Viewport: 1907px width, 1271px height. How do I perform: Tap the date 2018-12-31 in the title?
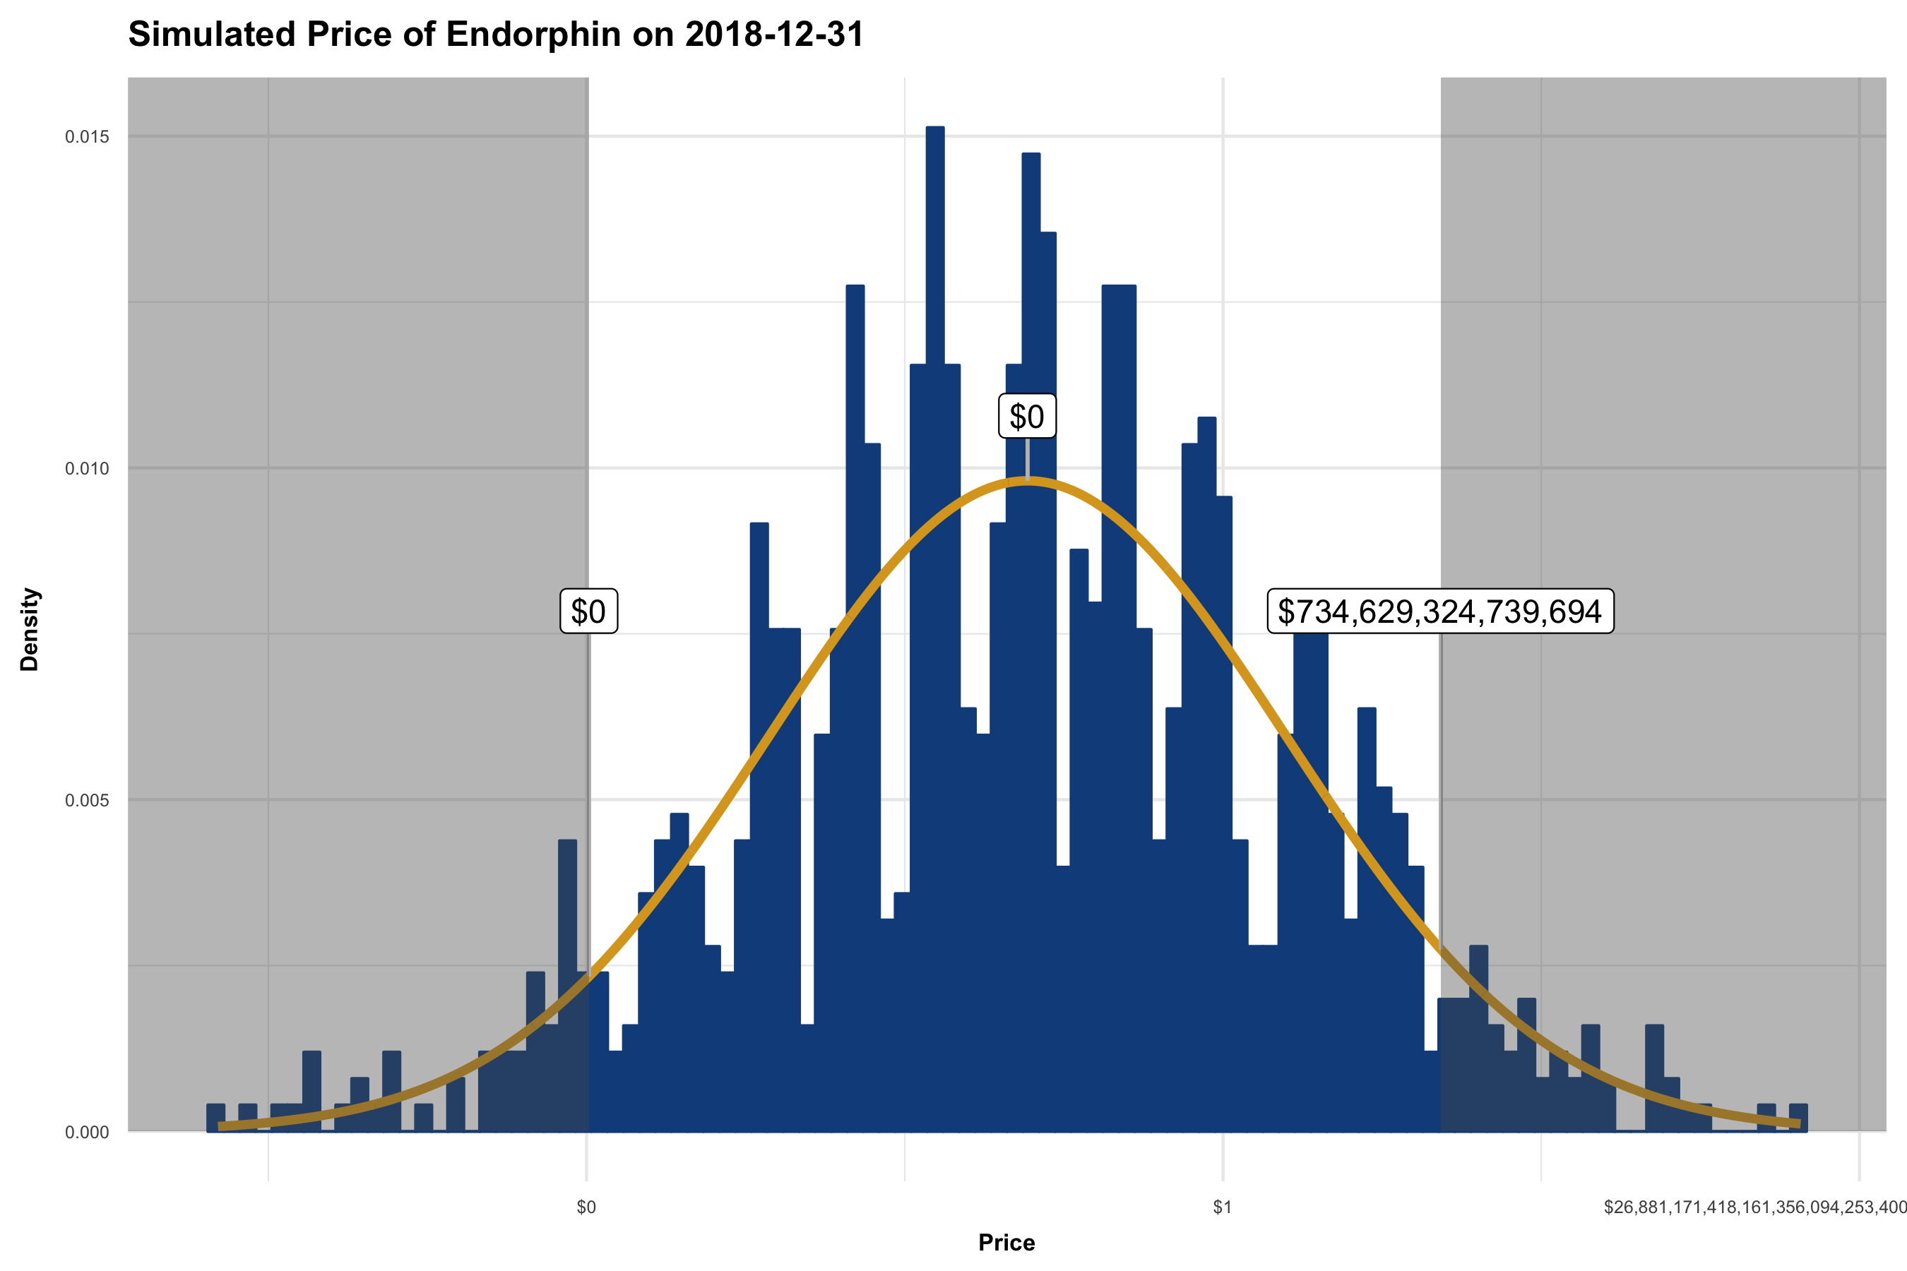point(773,35)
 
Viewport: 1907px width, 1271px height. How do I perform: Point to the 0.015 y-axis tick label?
point(87,137)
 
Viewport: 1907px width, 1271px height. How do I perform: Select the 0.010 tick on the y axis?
point(87,470)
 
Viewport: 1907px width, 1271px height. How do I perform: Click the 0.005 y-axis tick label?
point(87,801)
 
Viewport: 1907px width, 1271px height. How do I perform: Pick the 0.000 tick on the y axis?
point(87,1133)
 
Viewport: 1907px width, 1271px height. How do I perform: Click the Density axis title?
point(30,630)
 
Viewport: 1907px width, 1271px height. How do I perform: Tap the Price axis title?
point(1006,1243)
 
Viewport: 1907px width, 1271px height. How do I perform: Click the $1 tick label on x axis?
point(1222,1207)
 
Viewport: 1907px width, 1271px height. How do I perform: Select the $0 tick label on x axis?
point(586,1207)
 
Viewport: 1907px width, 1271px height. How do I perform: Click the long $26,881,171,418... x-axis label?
point(1754,1207)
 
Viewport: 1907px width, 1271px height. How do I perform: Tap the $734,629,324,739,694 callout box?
point(1440,611)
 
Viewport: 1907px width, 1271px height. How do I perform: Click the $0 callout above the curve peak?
point(1026,417)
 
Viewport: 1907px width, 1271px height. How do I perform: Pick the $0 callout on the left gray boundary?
point(588,611)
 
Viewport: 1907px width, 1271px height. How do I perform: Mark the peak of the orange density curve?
point(1028,482)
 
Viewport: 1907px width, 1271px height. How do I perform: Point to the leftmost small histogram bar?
point(215,1117)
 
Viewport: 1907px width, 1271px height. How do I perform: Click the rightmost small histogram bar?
point(1798,1117)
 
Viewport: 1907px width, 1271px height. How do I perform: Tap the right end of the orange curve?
point(1798,1123)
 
